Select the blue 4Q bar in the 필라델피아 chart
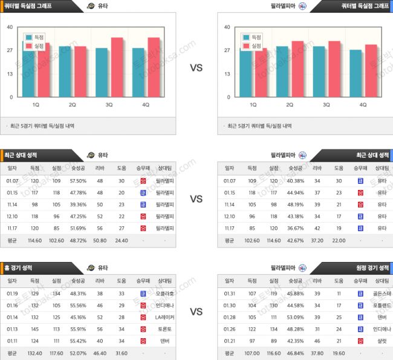356,73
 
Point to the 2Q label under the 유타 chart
72,105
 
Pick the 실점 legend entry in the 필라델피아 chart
253,46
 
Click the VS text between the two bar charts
197,68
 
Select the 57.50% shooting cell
78,181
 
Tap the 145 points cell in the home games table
34,329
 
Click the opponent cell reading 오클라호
164,293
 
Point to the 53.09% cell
295,317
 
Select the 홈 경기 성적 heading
23,267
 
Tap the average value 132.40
34,353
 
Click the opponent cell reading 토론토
164,329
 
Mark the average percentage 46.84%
295,353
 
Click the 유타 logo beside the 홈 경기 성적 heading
91,267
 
